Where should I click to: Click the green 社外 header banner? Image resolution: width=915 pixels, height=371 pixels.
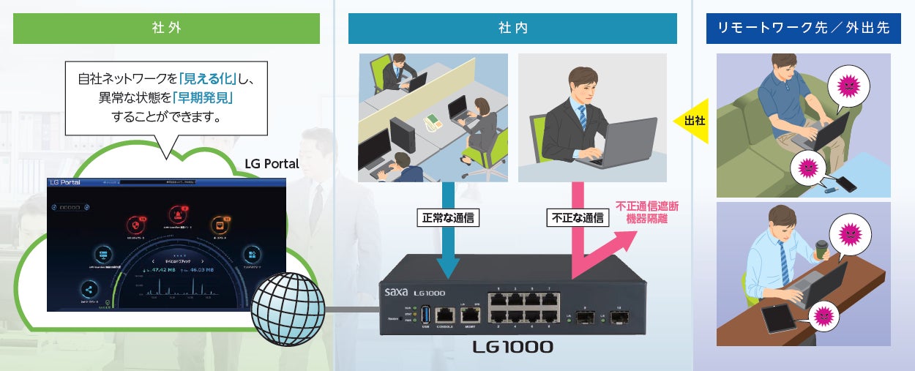click(x=166, y=29)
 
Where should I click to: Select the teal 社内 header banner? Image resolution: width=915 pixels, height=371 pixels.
click(x=512, y=29)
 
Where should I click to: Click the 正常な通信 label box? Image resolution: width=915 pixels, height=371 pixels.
click(x=447, y=217)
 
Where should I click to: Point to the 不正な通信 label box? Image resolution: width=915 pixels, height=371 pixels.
click(x=578, y=217)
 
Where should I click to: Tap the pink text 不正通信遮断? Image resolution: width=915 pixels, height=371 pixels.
click(x=647, y=206)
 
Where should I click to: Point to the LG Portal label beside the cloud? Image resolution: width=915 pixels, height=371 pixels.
click(x=272, y=164)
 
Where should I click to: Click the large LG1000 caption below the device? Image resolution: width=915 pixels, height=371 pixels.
click(x=513, y=346)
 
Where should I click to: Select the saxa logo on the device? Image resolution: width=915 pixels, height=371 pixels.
click(x=400, y=291)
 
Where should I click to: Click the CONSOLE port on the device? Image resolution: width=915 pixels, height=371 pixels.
click(x=444, y=316)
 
